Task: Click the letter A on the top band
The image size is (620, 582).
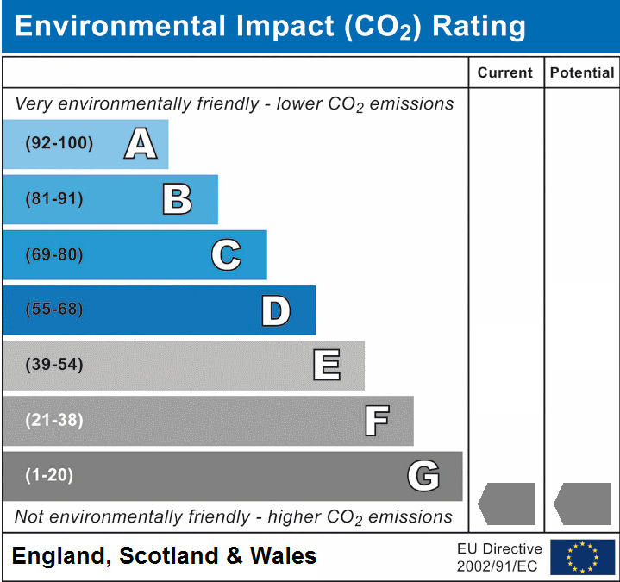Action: (x=141, y=144)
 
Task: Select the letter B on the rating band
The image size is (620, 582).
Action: (x=177, y=199)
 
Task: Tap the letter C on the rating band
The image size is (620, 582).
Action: (x=226, y=255)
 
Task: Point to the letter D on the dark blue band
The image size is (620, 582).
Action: (x=275, y=310)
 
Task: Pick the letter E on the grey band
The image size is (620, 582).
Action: (x=326, y=366)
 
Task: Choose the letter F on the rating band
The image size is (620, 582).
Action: (x=376, y=421)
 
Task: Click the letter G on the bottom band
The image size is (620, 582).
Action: (x=423, y=476)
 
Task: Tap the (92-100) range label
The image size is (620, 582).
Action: (x=59, y=143)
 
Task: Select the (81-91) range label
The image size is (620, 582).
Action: (x=54, y=199)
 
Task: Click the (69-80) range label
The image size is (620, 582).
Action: (x=54, y=255)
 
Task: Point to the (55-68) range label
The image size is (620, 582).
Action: (x=54, y=310)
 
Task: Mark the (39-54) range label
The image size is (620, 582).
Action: (x=54, y=365)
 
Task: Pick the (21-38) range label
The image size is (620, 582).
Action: (x=54, y=421)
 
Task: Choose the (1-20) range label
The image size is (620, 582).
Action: (x=49, y=475)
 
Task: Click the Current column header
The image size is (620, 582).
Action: (x=505, y=72)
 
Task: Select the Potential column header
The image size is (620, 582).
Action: (x=582, y=72)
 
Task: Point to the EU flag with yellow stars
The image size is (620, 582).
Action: (x=582, y=557)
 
